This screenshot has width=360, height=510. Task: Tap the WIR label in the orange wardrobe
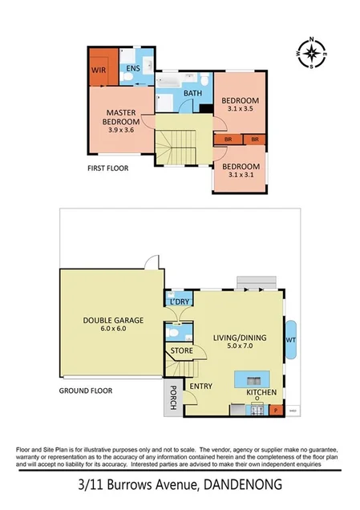(99, 70)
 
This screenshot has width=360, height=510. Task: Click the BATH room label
(192, 94)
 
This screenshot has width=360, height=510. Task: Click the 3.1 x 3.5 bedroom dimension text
(241, 109)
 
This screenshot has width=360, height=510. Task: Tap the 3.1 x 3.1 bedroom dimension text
(241, 174)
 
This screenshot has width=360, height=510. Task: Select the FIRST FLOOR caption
(108, 169)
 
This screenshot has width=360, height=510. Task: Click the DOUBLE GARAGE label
(113, 321)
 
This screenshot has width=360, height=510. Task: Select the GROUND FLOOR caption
(86, 391)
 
